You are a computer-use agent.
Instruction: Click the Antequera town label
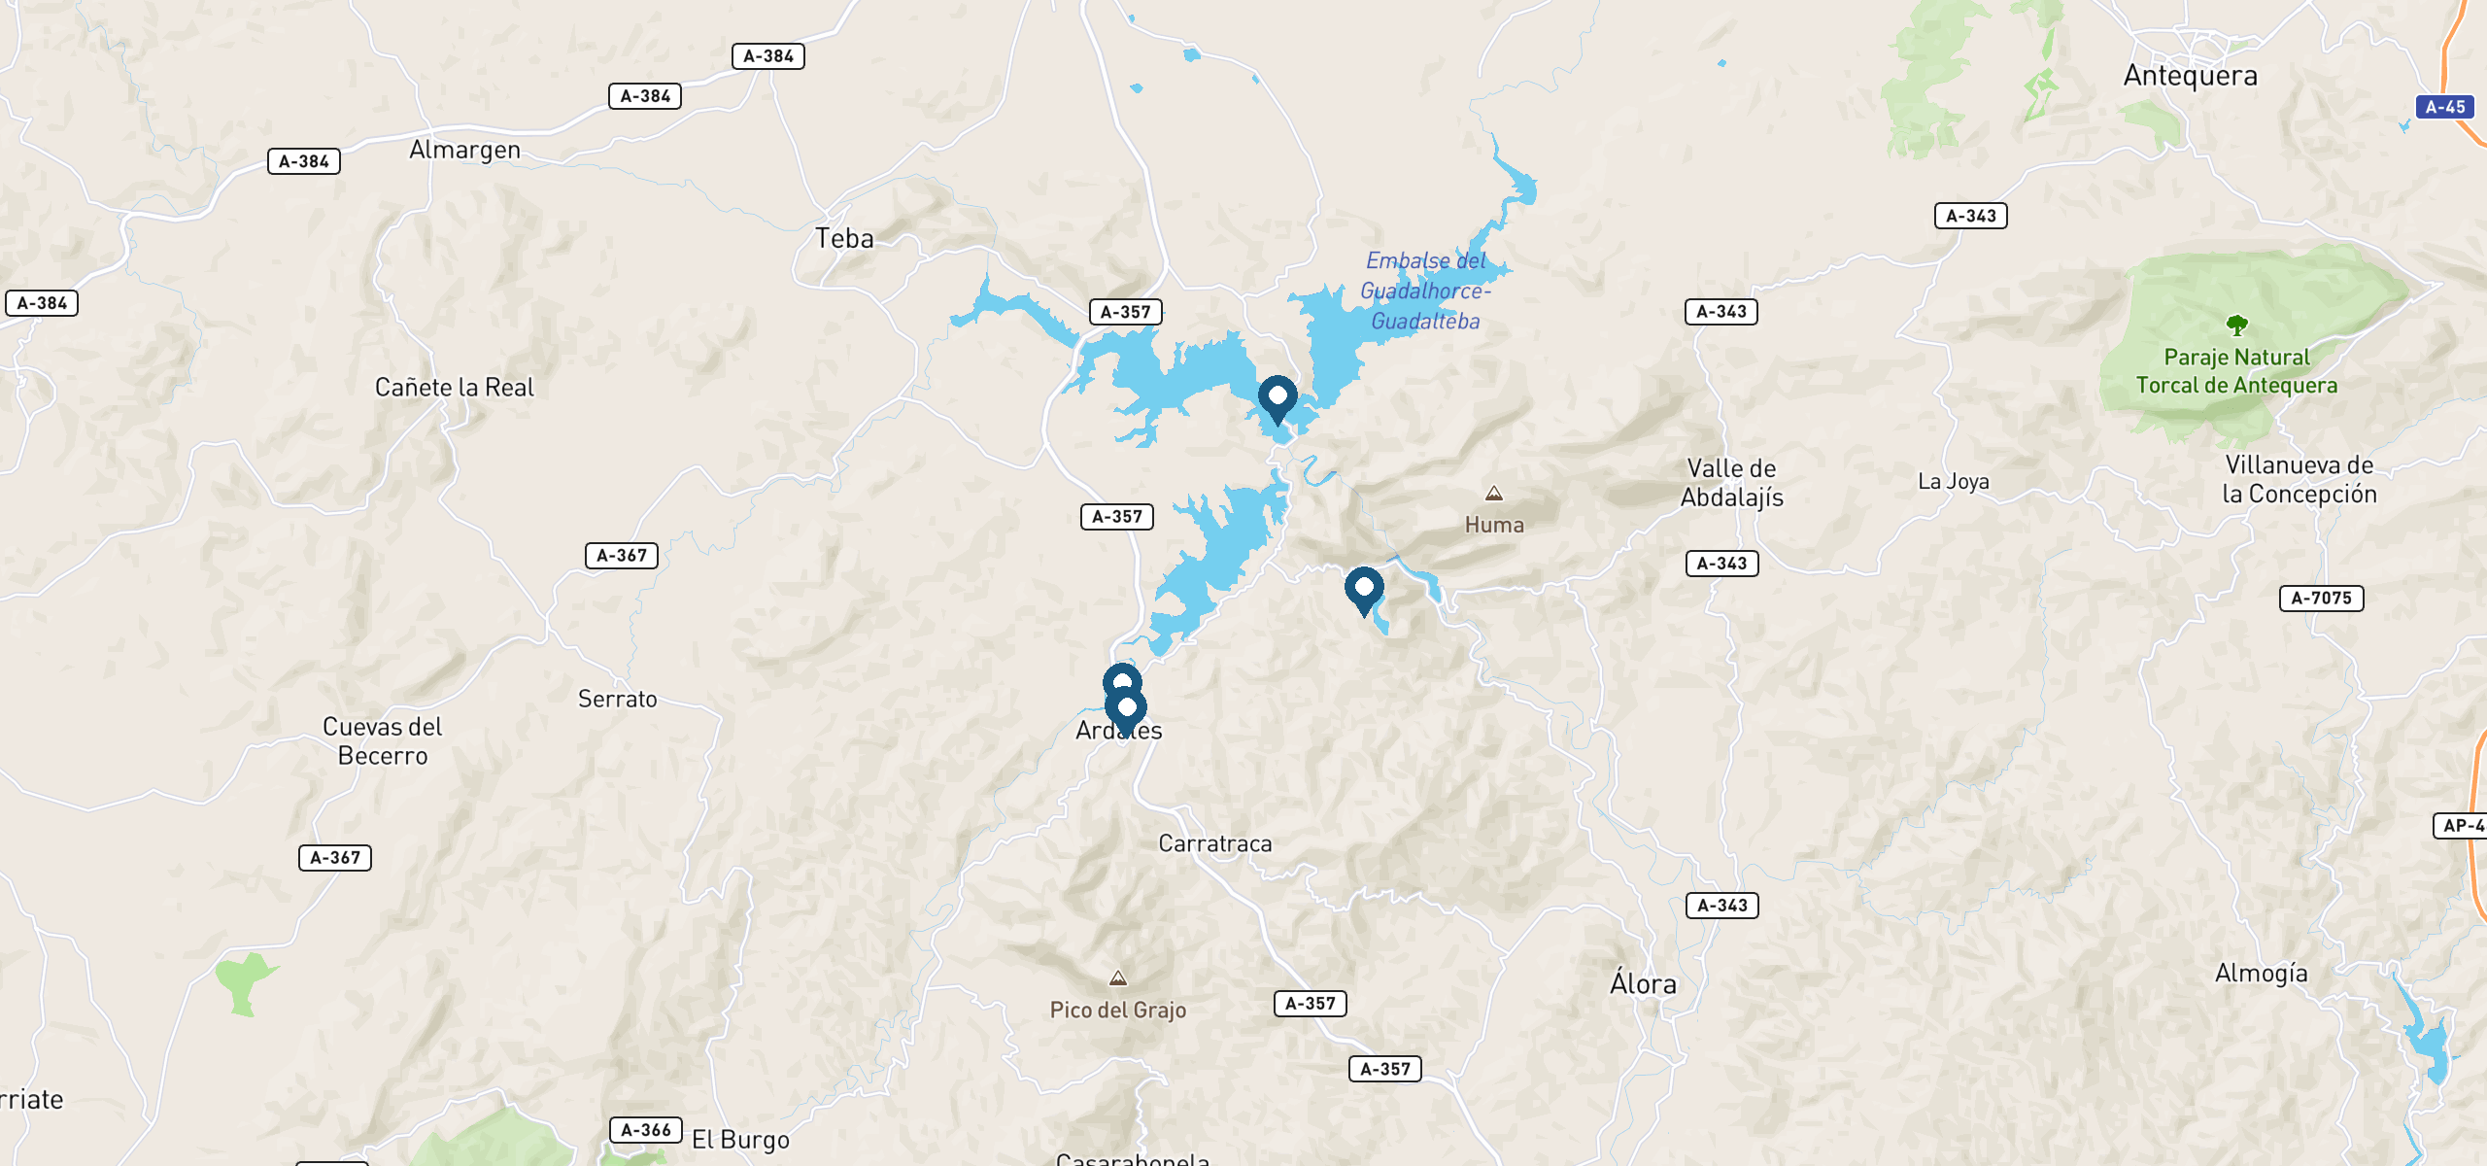(2190, 76)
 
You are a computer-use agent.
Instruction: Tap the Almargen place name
(464, 150)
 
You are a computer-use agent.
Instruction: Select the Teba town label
(844, 239)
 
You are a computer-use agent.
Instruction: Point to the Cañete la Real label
(455, 388)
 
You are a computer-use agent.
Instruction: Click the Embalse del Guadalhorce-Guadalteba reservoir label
(1425, 291)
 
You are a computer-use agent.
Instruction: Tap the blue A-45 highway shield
(2444, 107)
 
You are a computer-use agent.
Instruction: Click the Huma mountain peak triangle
(1494, 494)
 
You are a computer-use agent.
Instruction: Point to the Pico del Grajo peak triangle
(1118, 978)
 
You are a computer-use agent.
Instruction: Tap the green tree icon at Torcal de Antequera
(2236, 325)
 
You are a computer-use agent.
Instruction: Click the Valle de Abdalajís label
(1732, 483)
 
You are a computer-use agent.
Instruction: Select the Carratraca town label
(1215, 843)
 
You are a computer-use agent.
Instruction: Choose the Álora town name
(1643, 984)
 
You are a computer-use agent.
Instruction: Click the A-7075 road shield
(2321, 599)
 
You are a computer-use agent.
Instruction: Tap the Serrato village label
(618, 700)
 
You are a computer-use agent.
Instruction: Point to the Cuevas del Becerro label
(383, 741)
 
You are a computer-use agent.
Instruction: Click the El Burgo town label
(740, 1140)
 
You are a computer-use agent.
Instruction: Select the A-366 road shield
(646, 1130)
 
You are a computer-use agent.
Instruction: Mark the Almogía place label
(2261, 974)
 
